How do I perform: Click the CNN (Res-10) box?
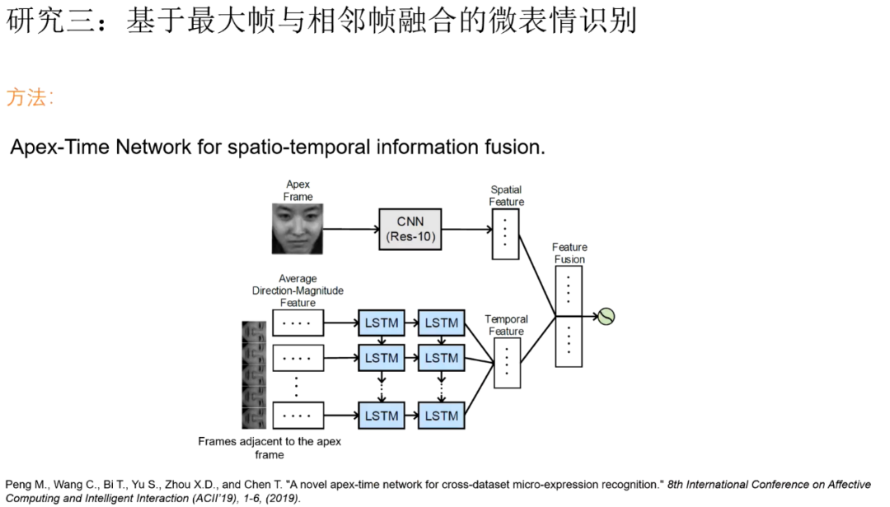click(x=410, y=230)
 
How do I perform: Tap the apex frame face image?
click(x=297, y=229)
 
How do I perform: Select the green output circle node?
click(x=606, y=316)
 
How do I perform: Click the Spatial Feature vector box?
click(x=505, y=233)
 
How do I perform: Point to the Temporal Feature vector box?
click(x=506, y=362)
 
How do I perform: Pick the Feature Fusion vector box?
click(x=569, y=316)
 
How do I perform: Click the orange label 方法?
click(x=29, y=97)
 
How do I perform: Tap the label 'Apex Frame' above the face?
click(x=297, y=191)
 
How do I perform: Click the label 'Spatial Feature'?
click(x=506, y=196)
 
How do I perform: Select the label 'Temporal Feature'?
click(x=506, y=325)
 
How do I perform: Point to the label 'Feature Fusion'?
click(x=569, y=253)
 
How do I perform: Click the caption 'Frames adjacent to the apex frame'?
click(x=269, y=448)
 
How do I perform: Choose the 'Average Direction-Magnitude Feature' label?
click(x=297, y=291)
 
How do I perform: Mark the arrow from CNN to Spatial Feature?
click(x=466, y=230)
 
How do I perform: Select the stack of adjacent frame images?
click(x=254, y=374)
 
